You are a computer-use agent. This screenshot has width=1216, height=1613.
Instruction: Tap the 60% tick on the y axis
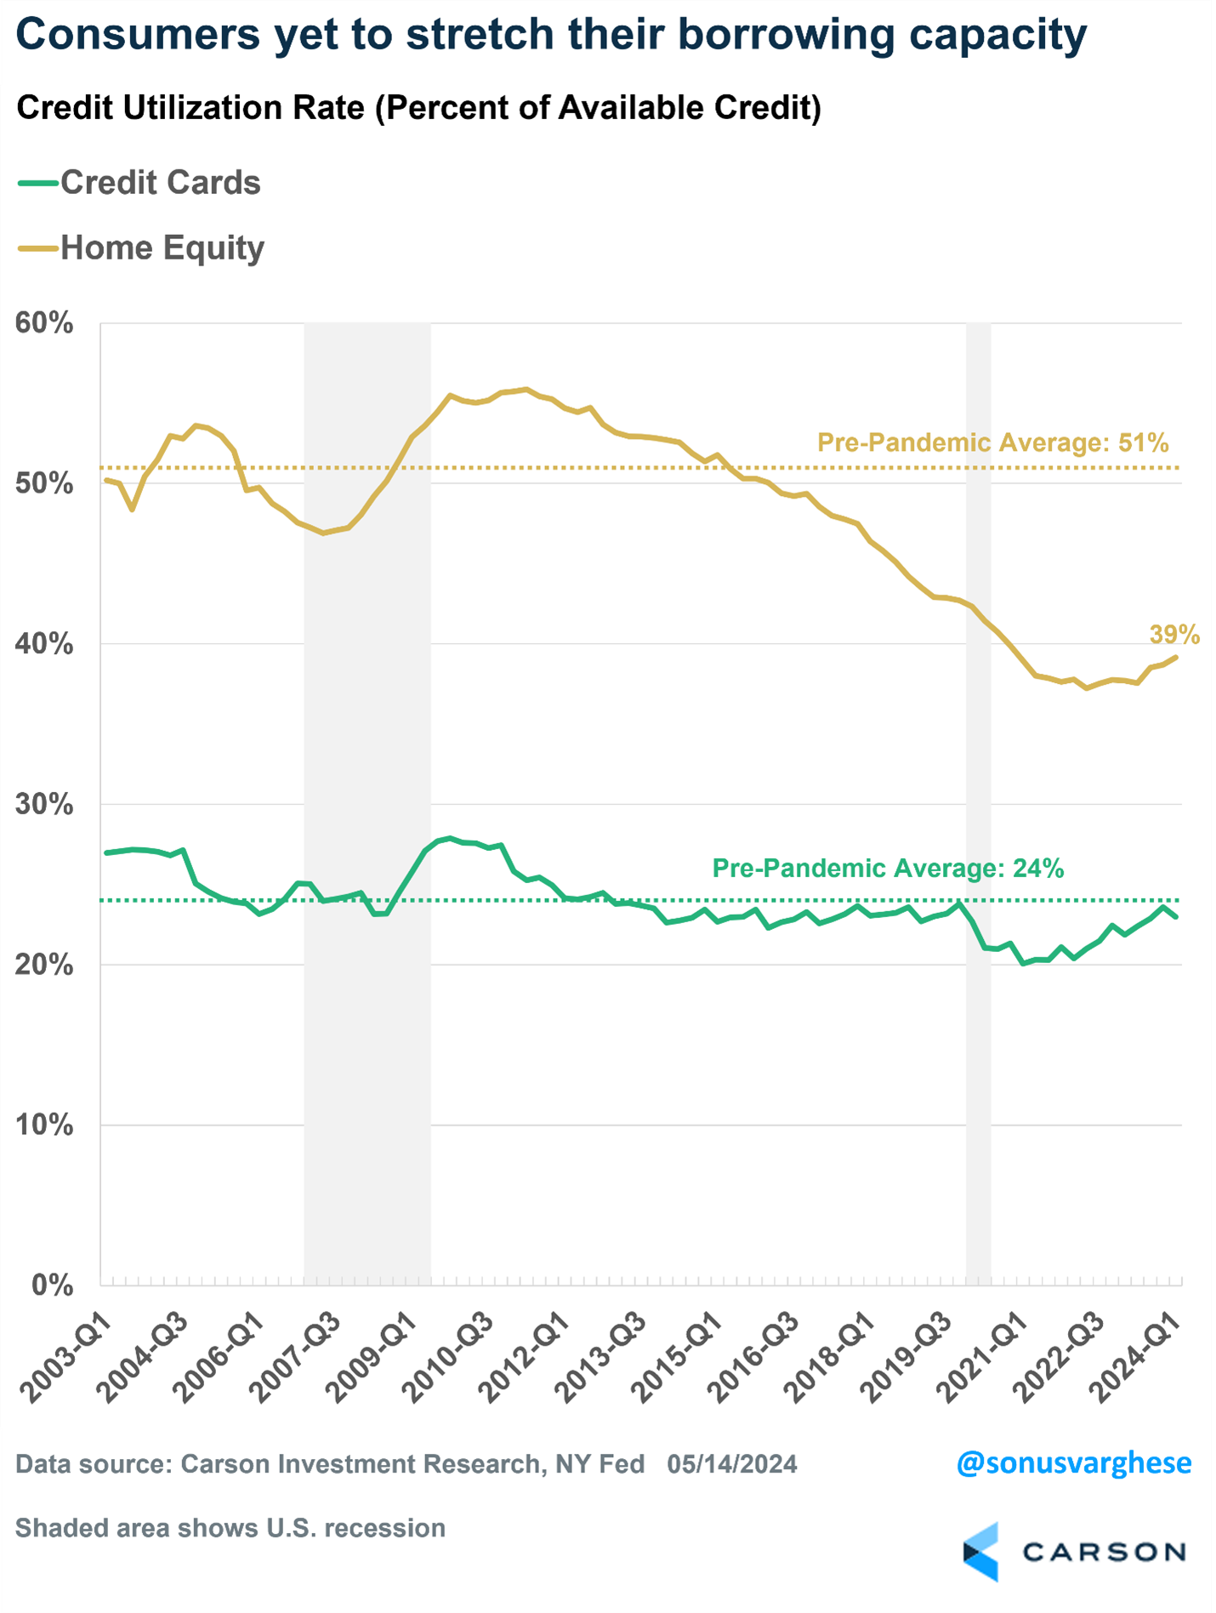[44, 323]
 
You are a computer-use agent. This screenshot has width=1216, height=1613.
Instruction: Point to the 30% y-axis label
[44, 804]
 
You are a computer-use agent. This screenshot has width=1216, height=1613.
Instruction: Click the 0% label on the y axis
[51, 1285]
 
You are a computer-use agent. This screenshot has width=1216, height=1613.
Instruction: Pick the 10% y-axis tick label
[44, 1125]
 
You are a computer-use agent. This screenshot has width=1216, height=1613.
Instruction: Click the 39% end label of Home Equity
[1174, 635]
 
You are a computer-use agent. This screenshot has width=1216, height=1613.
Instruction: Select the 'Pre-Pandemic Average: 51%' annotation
[992, 442]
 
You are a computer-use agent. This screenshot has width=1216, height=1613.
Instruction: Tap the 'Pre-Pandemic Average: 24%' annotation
[888, 868]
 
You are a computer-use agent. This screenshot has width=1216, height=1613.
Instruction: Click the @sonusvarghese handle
[1073, 1463]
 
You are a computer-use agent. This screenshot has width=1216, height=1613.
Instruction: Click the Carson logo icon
[981, 1552]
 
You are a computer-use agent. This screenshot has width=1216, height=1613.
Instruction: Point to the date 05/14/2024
[732, 1464]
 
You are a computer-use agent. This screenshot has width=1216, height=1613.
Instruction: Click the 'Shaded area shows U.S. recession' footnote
[230, 1528]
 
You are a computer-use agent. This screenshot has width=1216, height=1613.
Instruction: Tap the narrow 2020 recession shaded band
[978, 1106]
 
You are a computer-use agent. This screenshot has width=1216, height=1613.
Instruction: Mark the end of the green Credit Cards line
[1176, 916]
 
